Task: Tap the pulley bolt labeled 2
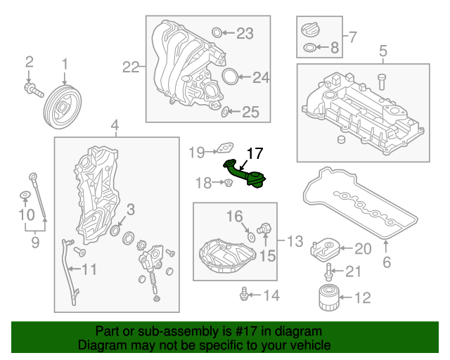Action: (x=32, y=89)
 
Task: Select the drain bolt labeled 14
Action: (x=244, y=294)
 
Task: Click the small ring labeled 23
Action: (x=218, y=32)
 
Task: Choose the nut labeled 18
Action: (x=229, y=184)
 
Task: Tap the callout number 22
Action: (x=131, y=67)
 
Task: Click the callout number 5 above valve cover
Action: (x=383, y=51)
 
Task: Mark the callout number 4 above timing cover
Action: (x=115, y=126)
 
